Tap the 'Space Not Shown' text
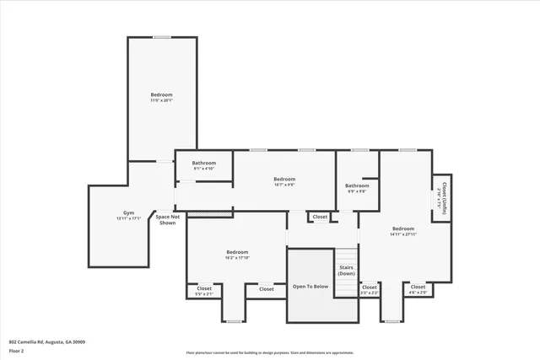click(166, 220)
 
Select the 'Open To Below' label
click(310, 287)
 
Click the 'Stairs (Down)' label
click(347, 271)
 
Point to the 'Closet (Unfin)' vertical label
click(441, 197)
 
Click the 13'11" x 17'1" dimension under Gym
click(128, 218)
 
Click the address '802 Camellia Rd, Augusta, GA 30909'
click(46, 341)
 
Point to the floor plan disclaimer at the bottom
click(270, 353)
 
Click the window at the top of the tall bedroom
click(162, 37)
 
